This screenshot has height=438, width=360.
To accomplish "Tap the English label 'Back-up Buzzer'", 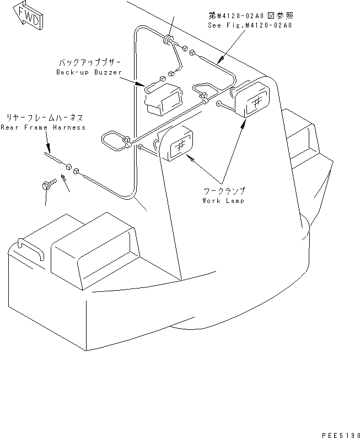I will point(89,73).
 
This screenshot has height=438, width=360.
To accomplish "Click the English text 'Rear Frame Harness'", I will point(43,127).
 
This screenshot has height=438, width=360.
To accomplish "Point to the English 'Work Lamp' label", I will point(224,200).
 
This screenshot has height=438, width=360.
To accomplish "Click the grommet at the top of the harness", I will point(167,39).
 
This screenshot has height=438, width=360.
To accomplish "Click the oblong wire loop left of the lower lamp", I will point(114,141).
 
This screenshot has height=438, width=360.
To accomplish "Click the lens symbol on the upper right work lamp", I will point(257,102).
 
